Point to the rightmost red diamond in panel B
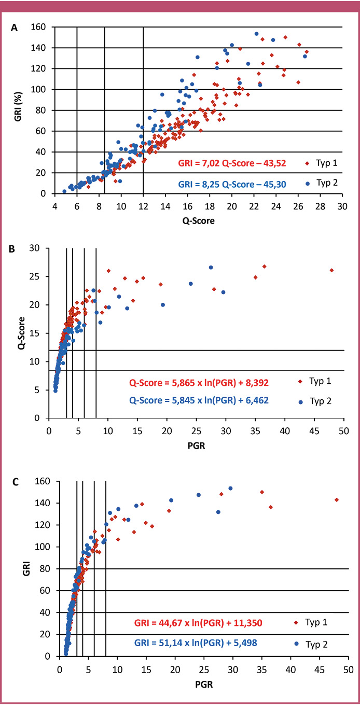(331, 270)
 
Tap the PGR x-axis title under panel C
(202, 684)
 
